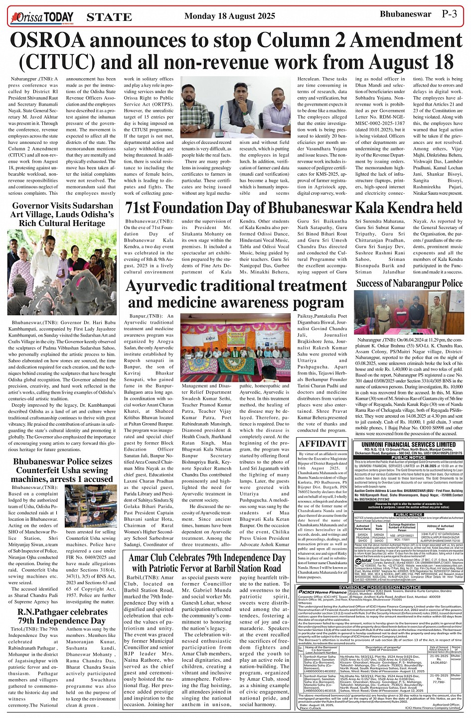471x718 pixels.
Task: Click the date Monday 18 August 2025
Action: (229, 16)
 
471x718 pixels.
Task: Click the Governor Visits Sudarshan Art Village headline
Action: (62, 215)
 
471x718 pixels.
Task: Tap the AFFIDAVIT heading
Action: (321, 443)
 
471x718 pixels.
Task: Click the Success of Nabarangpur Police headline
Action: (409, 283)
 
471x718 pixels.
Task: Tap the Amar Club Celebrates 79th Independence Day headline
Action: (207, 562)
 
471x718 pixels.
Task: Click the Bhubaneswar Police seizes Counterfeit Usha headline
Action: (62, 469)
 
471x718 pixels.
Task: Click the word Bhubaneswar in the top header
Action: (405, 14)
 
